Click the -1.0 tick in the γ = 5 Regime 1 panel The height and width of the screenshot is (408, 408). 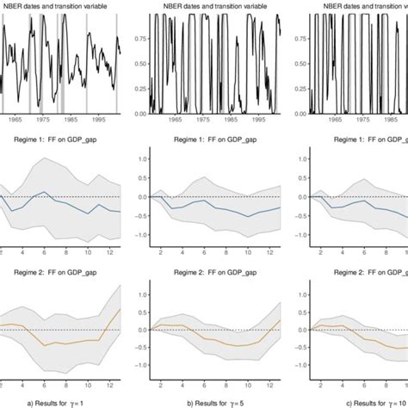138,232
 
